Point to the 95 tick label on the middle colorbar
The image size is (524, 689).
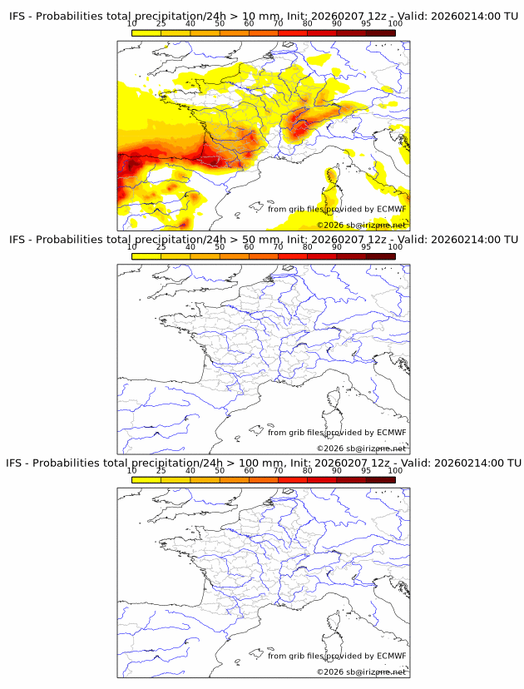pos(365,248)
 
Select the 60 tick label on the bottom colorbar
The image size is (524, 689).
pos(249,471)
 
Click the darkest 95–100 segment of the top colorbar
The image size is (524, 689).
pos(380,33)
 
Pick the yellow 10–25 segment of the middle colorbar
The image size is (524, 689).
pos(146,256)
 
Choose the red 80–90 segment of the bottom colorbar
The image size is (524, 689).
pos(322,479)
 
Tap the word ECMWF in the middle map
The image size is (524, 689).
pos(391,432)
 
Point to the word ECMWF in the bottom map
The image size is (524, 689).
pos(391,655)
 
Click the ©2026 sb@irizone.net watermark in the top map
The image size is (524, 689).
pos(362,225)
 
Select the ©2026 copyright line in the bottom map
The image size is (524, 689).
pos(362,671)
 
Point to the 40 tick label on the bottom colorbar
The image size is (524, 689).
pos(190,471)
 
